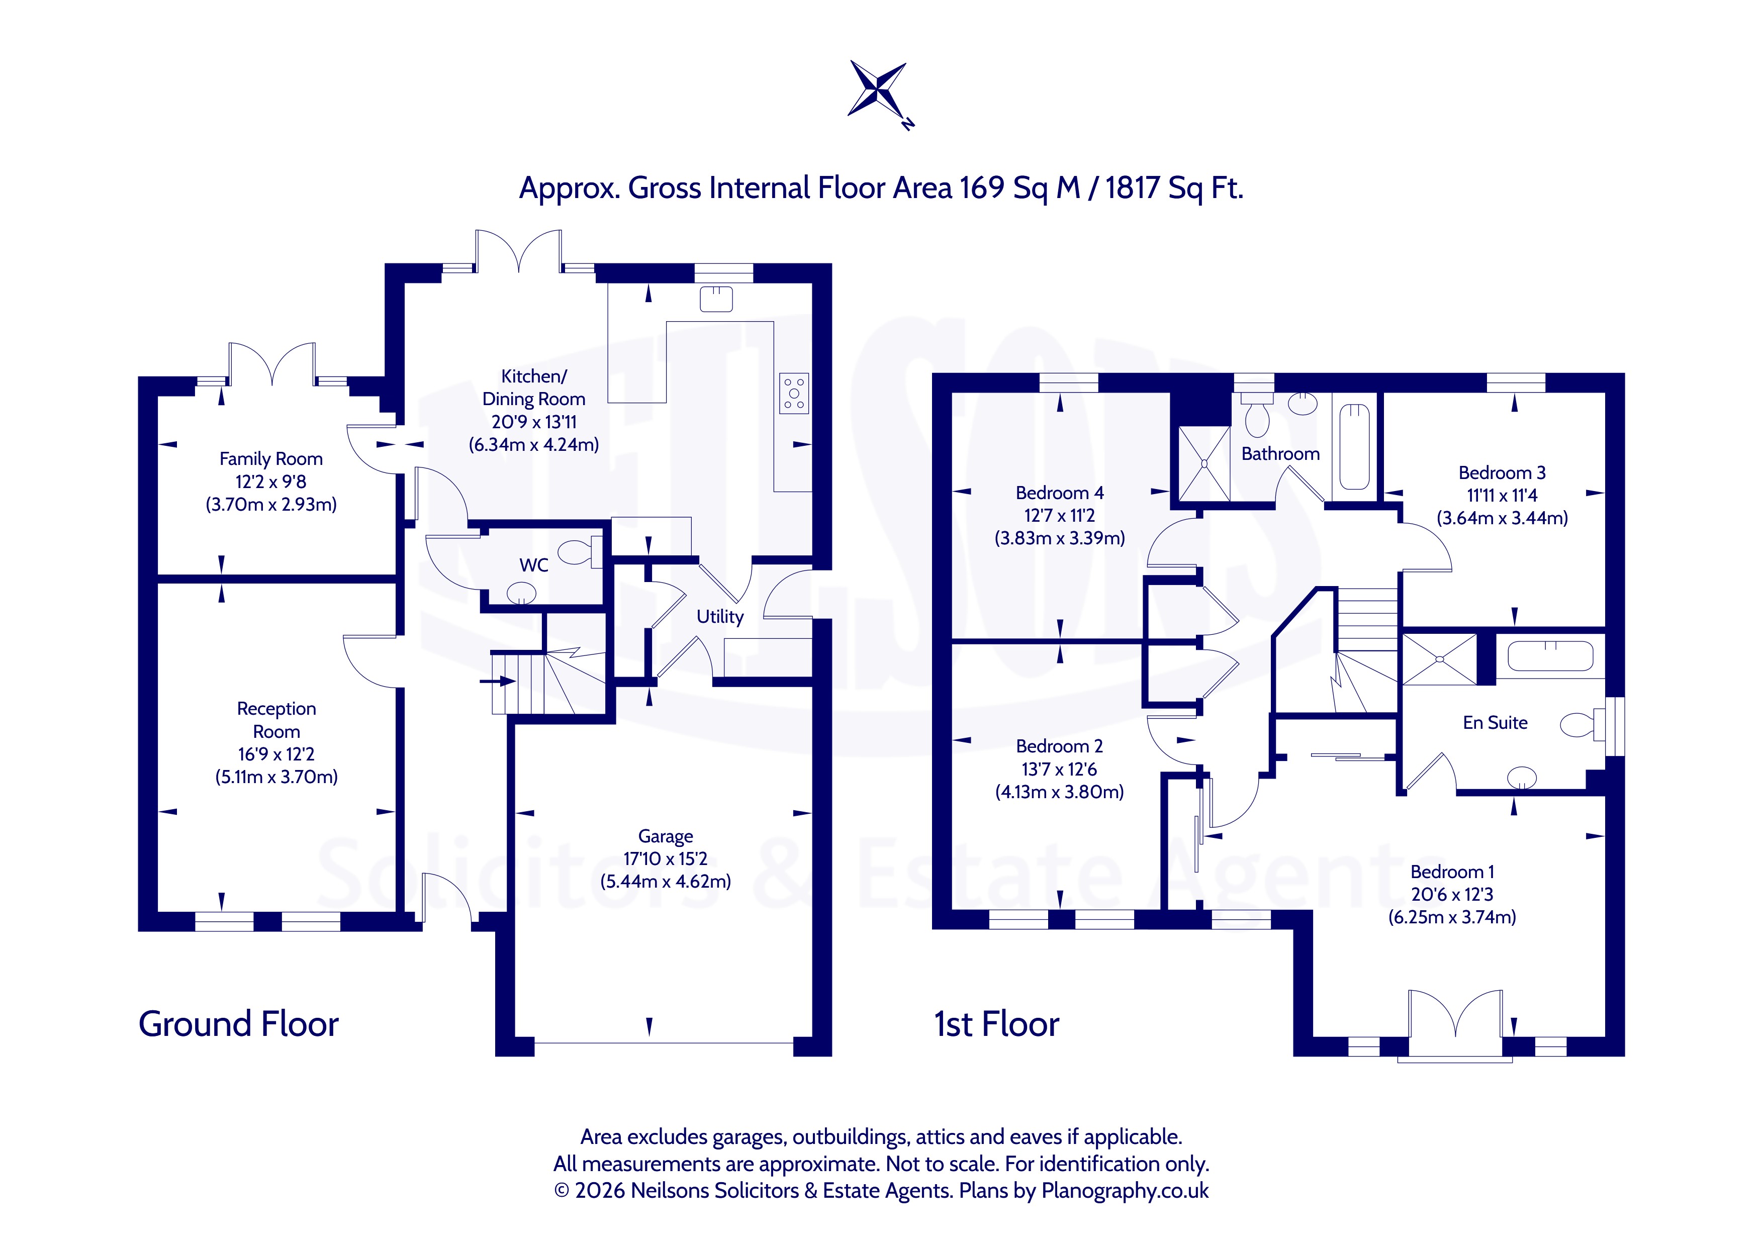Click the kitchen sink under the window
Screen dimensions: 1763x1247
(716, 298)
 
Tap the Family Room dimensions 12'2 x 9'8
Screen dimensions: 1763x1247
(270, 482)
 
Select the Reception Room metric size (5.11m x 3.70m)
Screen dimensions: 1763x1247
(276, 777)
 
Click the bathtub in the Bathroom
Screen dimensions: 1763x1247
(1354, 446)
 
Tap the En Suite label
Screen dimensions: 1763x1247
(1495, 723)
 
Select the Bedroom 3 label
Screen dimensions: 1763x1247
(1502, 473)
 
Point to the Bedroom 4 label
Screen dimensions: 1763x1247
(1060, 493)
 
